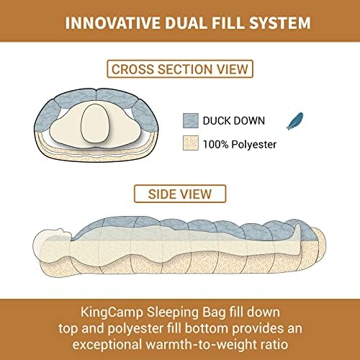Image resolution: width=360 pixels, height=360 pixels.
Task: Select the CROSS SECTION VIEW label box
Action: tap(180, 69)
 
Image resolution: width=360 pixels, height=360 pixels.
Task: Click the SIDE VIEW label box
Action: tap(180, 194)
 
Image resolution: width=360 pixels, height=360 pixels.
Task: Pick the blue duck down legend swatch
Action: tap(191, 120)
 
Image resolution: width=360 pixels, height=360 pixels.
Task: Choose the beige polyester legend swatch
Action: tap(191, 143)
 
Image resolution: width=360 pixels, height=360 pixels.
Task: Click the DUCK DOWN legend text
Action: tap(234, 120)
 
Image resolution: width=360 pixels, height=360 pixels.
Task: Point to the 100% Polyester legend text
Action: tap(240, 145)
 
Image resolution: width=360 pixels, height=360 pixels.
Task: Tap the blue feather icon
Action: tap(295, 121)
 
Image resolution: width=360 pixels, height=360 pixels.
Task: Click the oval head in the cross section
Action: tap(95, 123)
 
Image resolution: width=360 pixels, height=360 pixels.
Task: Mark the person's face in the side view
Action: tap(64, 233)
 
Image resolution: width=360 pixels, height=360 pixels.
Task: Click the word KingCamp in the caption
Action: tap(112, 312)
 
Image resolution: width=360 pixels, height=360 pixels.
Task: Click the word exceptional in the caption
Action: tap(107, 345)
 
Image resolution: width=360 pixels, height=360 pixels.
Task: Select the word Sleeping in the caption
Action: tap(173, 312)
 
